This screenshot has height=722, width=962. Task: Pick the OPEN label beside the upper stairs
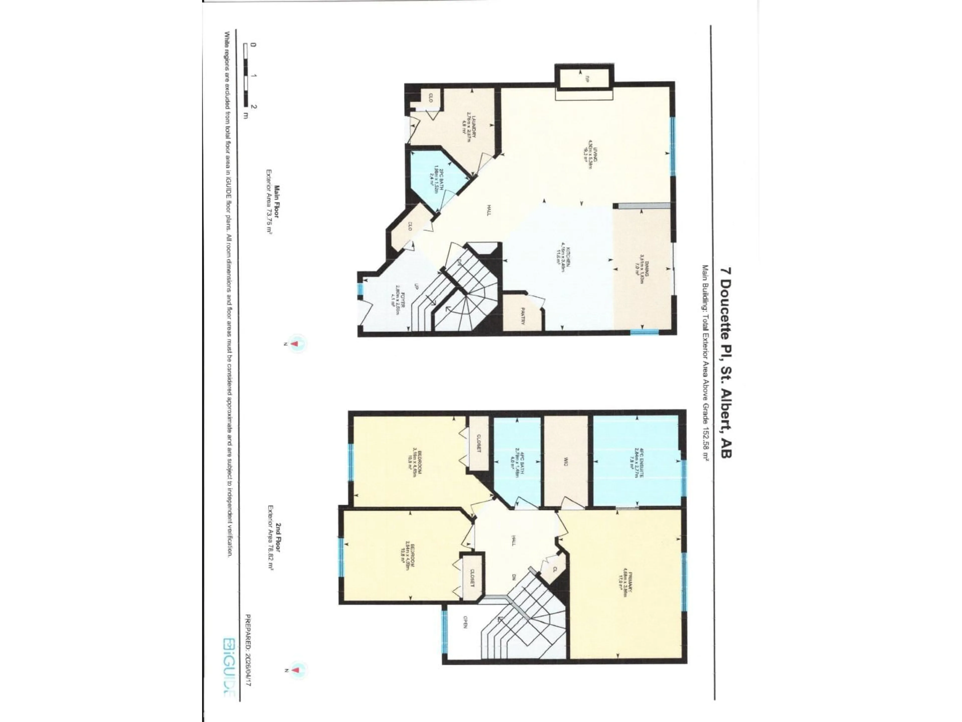click(x=465, y=622)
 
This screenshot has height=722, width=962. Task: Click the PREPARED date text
click(x=248, y=650)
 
